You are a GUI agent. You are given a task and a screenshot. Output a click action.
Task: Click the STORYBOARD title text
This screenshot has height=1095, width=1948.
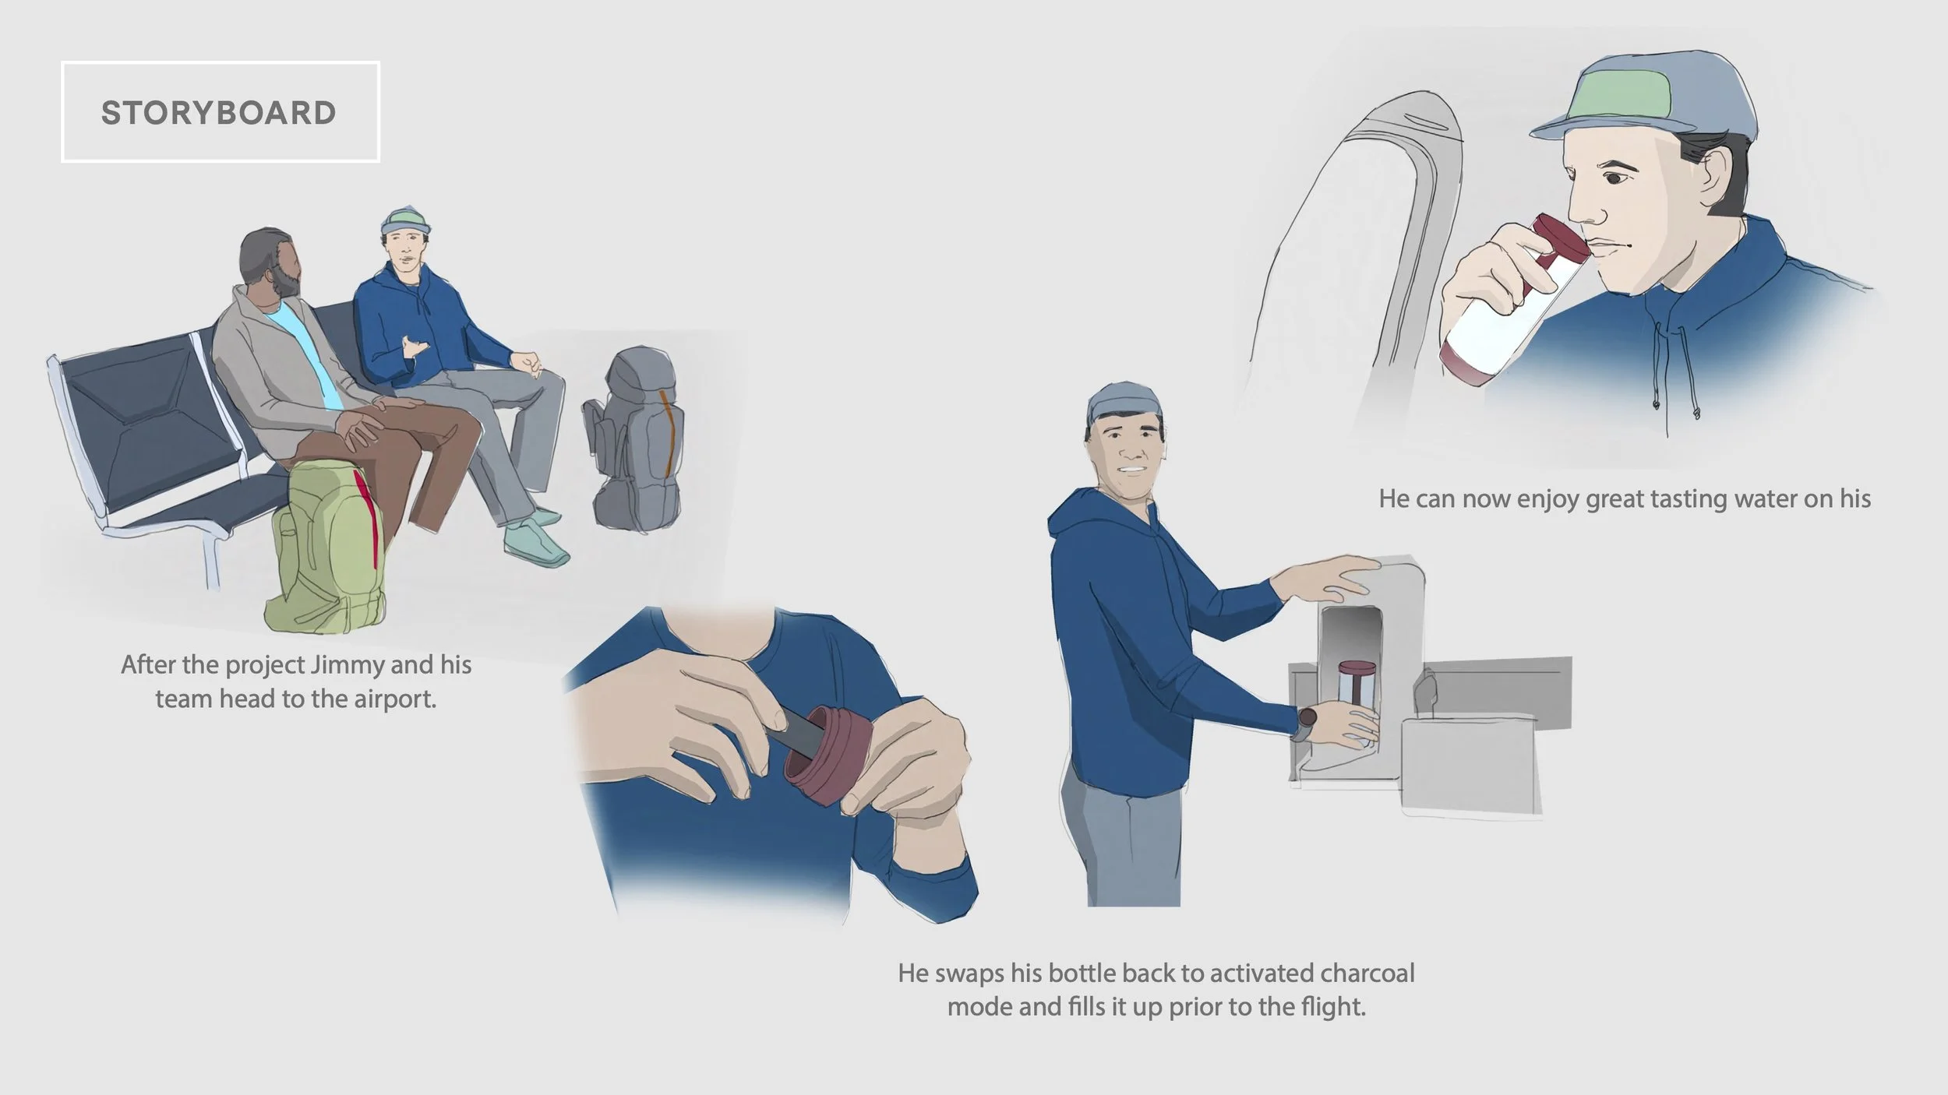tap(219, 113)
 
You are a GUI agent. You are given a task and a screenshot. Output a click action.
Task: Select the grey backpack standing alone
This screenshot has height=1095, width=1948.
tap(633, 440)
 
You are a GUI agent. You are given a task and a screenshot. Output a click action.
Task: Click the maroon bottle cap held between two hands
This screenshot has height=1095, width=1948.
tap(828, 756)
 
